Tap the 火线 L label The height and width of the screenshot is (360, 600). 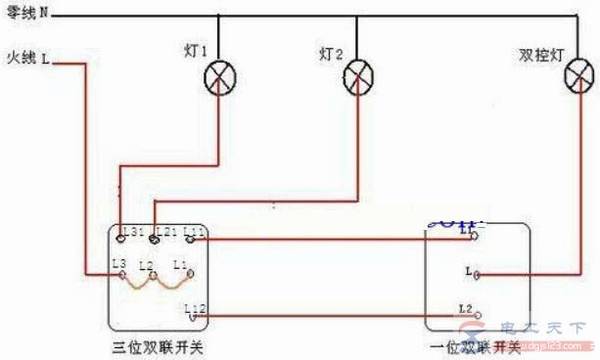point(27,61)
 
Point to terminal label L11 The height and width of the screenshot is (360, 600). point(195,232)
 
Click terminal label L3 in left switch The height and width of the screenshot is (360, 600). point(119,264)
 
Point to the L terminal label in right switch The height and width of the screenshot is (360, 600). point(467,270)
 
